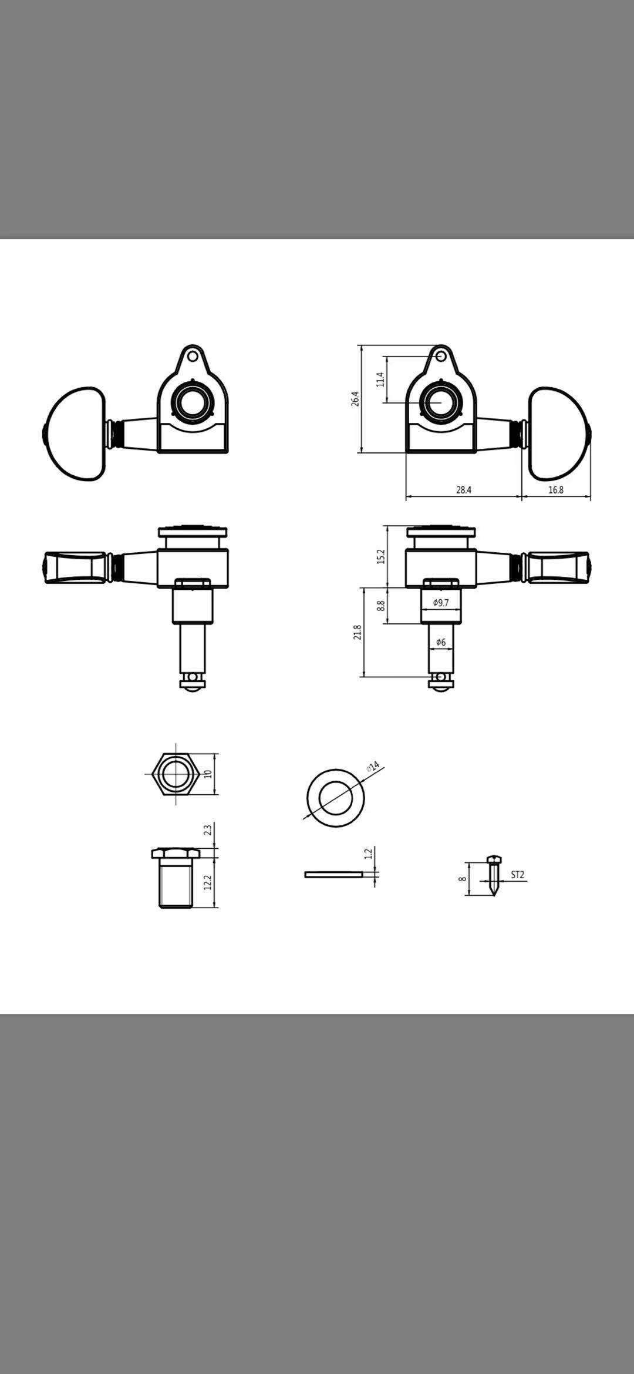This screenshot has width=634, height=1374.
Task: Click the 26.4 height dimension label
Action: coord(355,399)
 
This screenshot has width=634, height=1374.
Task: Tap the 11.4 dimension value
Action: coord(380,379)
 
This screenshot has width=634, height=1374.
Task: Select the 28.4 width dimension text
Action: coord(464,490)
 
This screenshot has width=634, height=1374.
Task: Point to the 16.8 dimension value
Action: coord(556,490)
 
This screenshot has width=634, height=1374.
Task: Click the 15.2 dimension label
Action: coord(380,556)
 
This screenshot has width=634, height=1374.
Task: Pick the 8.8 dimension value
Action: coord(380,605)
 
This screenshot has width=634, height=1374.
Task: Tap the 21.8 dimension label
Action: coord(357,632)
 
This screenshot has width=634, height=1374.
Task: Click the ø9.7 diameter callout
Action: coord(441,603)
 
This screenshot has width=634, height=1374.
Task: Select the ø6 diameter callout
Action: coord(441,642)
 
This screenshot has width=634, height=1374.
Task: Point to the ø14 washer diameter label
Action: coord(373,767)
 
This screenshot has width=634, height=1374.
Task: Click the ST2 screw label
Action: coord(517,875)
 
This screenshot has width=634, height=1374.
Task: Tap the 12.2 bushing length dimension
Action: coord(207,882)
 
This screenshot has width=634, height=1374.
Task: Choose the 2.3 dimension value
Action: coord(207,830)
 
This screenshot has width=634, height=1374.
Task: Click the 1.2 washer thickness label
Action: coord(369,854)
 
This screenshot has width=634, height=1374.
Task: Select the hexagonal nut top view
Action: coord(176,774)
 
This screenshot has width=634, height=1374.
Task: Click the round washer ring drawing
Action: coord(336,797)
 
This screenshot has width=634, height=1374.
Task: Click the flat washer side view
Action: coord(333,875)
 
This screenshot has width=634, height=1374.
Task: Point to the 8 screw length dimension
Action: coord(463,879)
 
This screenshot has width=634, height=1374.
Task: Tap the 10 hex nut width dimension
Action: coord(207,774)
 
